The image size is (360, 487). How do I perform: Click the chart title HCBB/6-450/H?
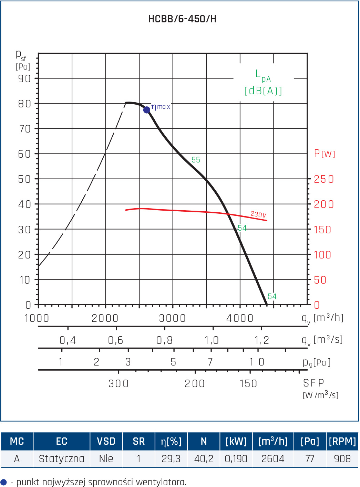182,19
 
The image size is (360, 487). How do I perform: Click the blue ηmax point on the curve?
147,110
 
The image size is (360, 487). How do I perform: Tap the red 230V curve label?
258,214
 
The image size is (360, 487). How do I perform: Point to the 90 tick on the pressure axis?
24,78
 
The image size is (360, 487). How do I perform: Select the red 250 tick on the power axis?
324,179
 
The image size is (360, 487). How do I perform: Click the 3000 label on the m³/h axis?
173,318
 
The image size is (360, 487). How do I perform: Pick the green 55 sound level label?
196,160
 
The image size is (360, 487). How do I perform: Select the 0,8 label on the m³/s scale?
164,340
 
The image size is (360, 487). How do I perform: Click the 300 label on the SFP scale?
119,384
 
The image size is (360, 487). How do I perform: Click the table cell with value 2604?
273,459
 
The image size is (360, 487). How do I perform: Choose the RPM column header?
342,441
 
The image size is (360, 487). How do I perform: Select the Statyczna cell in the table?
62,459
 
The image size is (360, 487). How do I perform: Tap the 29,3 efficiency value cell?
171,459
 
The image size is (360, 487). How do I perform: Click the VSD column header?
106,441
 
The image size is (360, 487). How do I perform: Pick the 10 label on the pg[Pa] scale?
257,362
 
